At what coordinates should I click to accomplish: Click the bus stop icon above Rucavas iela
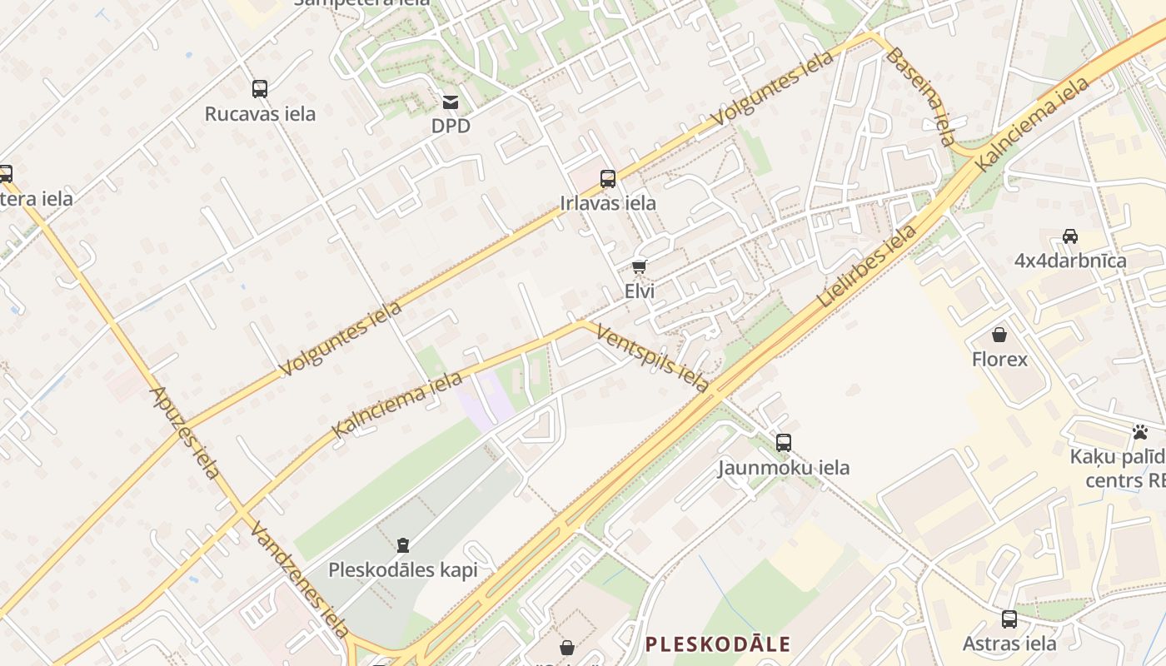click(x=260, y=88)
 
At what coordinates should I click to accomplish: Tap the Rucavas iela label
click(x=260, y=113)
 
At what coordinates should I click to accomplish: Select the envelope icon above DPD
click(x=451, y=102)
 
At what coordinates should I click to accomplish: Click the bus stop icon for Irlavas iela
click(x=608, y=178)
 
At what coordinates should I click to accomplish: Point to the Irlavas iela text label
click(x=608, y=203)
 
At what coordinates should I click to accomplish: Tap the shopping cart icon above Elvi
click(x=639, y=267)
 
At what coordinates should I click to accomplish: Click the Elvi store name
click(x=639, y=291)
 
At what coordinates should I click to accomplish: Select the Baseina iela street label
click(x=921, y=96)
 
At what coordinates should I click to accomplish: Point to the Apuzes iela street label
click(x=185, y=432)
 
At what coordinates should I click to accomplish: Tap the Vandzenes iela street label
click(x=299, y=579)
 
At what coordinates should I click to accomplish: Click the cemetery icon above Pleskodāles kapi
click(x=403, y=545)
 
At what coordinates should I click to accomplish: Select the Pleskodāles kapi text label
click(x=403, y=570)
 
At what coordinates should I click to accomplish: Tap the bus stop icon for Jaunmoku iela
click(x=783, y=442)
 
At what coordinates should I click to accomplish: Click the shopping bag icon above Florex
click(x=999, y=335)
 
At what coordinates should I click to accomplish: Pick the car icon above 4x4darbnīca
click(x=1070, y=236)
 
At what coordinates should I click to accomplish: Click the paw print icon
click(x=1139, y=432)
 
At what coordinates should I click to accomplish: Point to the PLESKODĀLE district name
click(x=718, y=644)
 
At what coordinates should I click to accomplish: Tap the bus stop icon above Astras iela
click(x=1009, y=619)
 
